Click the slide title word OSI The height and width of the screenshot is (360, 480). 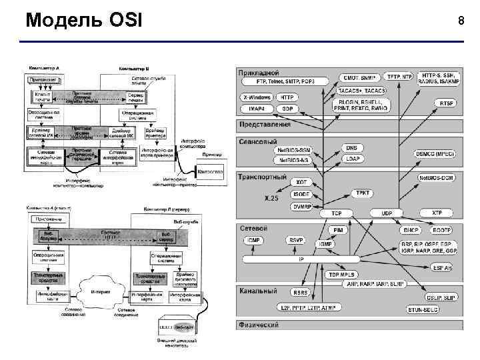pos(123,20)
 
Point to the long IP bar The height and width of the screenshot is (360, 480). pos(300,258)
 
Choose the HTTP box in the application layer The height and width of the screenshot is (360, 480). pos(286,97)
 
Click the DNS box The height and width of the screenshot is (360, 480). pos(351,148)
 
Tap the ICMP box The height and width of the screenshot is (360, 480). pos(253,239)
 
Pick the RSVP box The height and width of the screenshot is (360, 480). pos(295,239)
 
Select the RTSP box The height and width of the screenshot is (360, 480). pos(446,103)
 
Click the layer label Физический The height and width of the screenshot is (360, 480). pos(259,325)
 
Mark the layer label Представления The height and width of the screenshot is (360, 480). pos(265,124)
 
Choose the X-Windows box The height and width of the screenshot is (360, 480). pos(256,97)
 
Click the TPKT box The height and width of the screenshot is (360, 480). pos(362,193)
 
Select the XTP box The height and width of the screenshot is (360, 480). pos(437,213)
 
